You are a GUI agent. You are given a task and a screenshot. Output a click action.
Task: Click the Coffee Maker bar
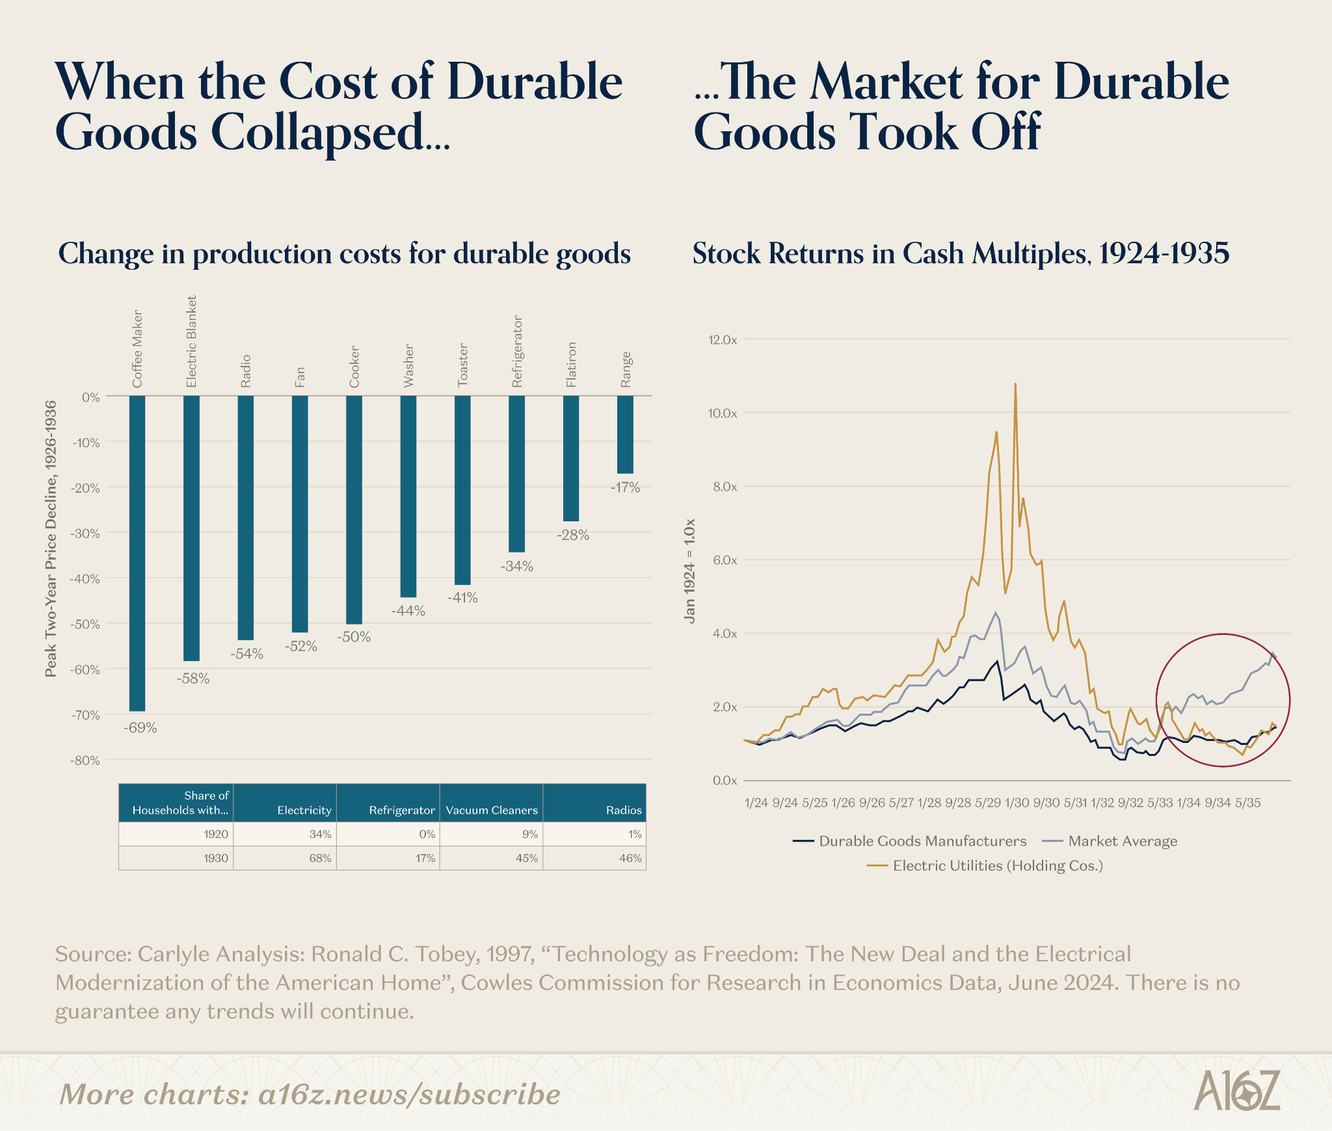(x=137, y=553)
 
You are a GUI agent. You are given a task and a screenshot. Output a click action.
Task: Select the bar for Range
(x=625, y=434)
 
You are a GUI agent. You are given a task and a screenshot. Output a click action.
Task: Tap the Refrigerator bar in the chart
(x=516, y=473)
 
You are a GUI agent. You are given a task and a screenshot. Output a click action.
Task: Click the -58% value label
(x=193, y=679)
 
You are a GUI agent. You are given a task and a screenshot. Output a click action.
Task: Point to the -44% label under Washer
(x=408, y=611)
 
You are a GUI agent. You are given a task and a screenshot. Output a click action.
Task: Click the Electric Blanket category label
(x=191, y=342)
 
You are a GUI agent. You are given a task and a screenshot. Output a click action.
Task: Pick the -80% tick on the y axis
(x=85, y=760)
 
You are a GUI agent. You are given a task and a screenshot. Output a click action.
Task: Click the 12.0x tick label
(x=721, y=340)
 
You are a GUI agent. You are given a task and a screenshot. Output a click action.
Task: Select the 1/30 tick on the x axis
(x=1017, y=803)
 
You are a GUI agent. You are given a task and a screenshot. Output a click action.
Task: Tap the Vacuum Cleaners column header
(x=492, y=811)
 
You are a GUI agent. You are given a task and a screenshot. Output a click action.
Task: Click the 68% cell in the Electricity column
(x=320, y=858)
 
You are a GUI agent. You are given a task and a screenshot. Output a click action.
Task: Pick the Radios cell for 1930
(x=630, y=858)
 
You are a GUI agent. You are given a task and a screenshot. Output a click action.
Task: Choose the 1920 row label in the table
(x=216, y=834)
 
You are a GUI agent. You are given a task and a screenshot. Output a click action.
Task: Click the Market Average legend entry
(x=1110, y=841)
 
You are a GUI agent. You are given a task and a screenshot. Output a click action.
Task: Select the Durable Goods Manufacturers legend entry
(x=909, y=841)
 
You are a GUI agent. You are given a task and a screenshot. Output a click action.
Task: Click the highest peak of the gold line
(x=1015, y=384)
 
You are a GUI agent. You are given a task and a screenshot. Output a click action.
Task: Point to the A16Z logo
(x=1236, y=1090)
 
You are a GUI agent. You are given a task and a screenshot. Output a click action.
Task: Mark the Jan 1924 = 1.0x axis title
(x=690, y=571)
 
